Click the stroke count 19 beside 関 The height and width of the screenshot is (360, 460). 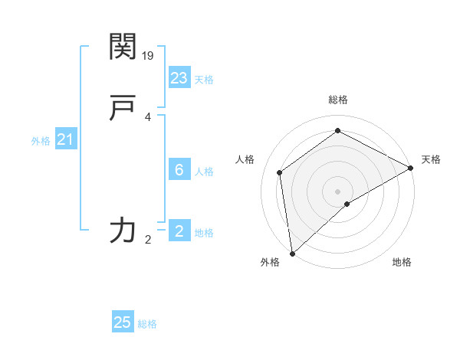point(149,55)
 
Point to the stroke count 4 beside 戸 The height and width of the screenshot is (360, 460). point(148,117)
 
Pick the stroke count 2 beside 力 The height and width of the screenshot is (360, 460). point(148,240)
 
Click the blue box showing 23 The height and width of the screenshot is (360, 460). point(179,78)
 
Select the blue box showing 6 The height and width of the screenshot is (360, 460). point(179,170)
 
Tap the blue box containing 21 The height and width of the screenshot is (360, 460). point(66,139)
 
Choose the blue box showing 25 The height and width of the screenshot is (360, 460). point(123,322)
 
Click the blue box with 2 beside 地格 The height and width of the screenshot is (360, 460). point(179,231)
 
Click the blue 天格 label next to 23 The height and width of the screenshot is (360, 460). point(204,80)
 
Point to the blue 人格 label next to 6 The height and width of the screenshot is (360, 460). point(204,172)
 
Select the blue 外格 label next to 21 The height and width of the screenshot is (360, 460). point(41,141)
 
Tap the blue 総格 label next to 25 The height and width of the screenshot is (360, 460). point(147,324)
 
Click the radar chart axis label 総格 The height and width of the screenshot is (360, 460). point(337,100)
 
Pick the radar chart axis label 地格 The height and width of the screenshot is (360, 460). point(402,263)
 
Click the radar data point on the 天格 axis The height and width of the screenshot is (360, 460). point(411,168)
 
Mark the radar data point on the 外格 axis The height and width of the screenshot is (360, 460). point(292,253)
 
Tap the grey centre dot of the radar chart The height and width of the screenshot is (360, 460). point(337,191)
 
